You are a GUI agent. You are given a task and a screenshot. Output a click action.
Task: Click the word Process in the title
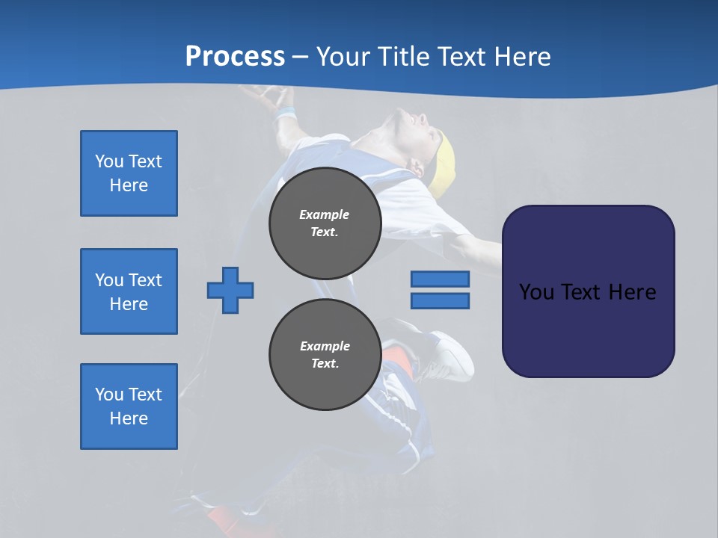[235, 57]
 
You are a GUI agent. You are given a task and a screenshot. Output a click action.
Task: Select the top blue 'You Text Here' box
[129, 173]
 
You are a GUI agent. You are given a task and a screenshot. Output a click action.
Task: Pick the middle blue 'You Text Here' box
[129, 291]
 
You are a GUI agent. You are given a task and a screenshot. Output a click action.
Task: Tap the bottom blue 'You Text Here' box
[129, 406]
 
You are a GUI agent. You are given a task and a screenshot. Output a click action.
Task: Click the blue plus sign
[230, 290]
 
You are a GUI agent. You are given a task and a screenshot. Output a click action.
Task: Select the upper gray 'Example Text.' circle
[325, 223]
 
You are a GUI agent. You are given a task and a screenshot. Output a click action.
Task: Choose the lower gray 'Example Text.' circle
[325, 354]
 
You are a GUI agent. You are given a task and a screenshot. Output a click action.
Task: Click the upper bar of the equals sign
[440, 279]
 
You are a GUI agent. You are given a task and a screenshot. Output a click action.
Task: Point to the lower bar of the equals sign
[440, 301]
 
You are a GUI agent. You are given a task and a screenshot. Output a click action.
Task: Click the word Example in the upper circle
[325, 214]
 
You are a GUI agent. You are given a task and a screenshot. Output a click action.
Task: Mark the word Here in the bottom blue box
[129, 418]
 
